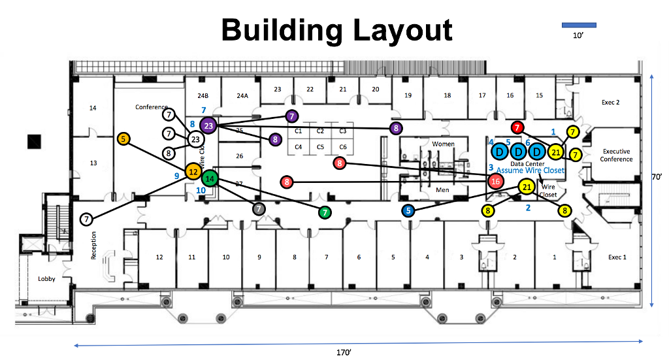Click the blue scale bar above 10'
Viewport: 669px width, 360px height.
[x=579, y=25]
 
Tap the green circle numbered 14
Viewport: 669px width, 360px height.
[x=210, y=178]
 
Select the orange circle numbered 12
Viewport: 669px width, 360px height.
[x=193, y=172]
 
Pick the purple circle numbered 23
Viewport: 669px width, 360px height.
[x=208, y=125]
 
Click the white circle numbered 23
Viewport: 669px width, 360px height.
[x=195, y=139]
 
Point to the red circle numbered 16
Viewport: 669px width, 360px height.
[x=496, y=182]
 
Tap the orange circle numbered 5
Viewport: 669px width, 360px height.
[x=123, y=139]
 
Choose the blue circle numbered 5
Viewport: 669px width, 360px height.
[x=408, y=210]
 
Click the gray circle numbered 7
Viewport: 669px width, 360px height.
[x=259, y=208]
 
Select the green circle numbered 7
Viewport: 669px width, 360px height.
[x=324, y=212]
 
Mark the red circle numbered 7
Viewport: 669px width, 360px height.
[x=517, y=127]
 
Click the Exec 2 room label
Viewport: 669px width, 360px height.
[x=610, y=103]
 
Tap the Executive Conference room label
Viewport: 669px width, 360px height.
[x=617, y=155]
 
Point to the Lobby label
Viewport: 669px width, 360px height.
[x=46, y=279]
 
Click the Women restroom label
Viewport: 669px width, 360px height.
[x=443, y=144]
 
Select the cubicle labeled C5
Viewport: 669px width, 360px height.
[x=320, y=147]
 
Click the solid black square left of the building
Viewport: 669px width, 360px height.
[x=34, y=141]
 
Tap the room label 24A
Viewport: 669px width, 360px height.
[x=242, y=95]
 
